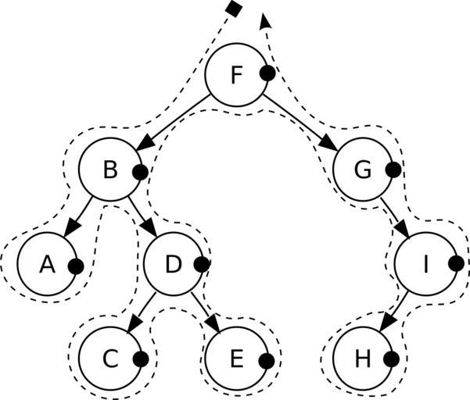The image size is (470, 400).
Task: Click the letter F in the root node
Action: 237,75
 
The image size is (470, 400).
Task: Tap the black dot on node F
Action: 267,73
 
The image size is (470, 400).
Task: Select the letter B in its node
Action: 110,170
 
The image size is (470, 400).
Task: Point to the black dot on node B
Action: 140,172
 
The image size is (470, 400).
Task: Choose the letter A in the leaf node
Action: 47,265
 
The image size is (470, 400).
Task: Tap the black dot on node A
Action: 76,266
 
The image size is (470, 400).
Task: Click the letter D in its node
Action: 174,264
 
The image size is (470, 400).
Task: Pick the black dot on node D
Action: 202,264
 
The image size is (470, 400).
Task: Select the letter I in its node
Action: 426,264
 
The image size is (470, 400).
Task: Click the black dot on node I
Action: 456,263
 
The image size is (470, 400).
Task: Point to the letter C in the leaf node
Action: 110,359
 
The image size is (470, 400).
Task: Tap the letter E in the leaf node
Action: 237,359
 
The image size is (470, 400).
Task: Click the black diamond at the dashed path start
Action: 232,8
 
